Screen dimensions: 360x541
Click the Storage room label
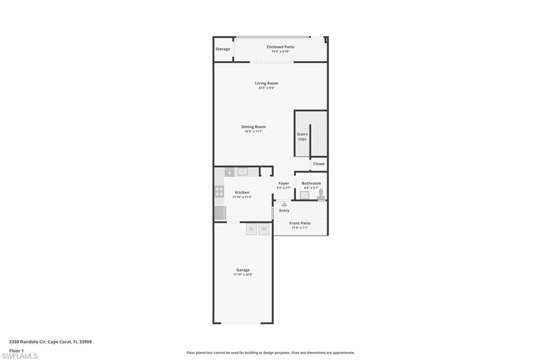click(222, 49)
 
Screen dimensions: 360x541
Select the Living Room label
click(266, 83)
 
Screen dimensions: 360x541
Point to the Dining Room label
click(254, 127)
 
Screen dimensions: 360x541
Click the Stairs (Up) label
click(302, 137)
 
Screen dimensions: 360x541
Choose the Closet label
click(319, 164)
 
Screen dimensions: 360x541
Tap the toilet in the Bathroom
click(321, 194)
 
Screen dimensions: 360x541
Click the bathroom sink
click(304, 195)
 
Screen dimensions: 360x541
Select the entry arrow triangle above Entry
click(284, 204)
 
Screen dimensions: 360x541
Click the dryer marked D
click(251, 229)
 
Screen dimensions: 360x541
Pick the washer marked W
click(264, 229)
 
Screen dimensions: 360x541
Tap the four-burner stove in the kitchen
click(219, 191)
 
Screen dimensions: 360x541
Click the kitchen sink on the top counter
click(242, 172)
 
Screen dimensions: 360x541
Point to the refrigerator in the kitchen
click(220, 213)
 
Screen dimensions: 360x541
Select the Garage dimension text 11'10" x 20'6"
click(243, 274)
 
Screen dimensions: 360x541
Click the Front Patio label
click(300, 223)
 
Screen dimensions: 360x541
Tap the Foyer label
click(284, 183)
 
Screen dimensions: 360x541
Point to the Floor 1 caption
click(16, 350)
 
